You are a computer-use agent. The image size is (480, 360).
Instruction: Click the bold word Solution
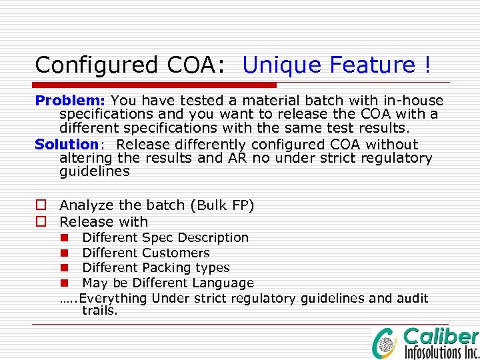coord(67,145)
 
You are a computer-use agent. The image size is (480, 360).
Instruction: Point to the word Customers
coord(176,253)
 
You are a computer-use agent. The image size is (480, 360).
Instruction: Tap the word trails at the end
coord(99,311)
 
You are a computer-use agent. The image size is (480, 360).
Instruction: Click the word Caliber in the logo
coord(441,336)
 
